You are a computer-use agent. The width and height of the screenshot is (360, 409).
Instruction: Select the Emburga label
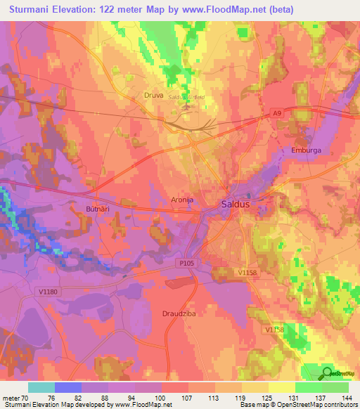click(x=306, y=150)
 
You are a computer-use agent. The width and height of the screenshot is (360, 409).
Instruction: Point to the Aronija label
click(x=182, y=200)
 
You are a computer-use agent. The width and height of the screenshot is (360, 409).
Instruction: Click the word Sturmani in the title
click(x=34, y=9)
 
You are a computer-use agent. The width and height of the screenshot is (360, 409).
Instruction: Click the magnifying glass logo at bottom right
click(x=328, y=372)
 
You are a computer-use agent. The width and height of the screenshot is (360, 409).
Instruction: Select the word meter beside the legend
click(x=11, y=397)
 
